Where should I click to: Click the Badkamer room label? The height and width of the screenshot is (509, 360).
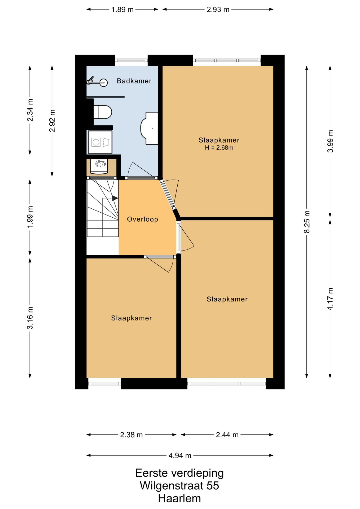(x=134, y=81)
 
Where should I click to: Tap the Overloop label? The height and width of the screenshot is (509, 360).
(x=142, y=219)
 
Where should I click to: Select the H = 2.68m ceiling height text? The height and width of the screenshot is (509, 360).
(x=219, y=148)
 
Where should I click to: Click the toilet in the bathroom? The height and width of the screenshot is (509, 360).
(x=103, y=112)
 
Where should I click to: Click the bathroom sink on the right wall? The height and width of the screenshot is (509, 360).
(x=149, y=128)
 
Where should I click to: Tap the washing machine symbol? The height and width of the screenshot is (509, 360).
(x=100, y=142)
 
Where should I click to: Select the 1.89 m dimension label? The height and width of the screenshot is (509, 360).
(x=122, y=10)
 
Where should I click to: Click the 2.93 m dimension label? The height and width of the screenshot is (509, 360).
(x=218, y=10)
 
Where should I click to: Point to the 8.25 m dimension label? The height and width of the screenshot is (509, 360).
(x=307, y=222)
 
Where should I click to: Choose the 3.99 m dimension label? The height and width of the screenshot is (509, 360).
(x=330, y=141)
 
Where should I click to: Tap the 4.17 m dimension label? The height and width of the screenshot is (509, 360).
(x=330, y=299)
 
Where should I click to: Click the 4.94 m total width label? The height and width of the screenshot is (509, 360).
(x=180, y=455)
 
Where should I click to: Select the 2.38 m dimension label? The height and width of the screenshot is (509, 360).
(x=131, y=435)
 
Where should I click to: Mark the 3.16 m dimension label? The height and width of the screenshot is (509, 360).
(x=30, y=318)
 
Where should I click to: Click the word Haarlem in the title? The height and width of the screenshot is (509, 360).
(x=179, y=498)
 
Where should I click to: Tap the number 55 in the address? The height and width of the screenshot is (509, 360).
(x=213, y=486)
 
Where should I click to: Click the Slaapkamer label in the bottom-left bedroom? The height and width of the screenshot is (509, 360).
(x=131, y=318)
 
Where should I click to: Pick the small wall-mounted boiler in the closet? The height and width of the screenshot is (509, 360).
(x=99, y=166)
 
